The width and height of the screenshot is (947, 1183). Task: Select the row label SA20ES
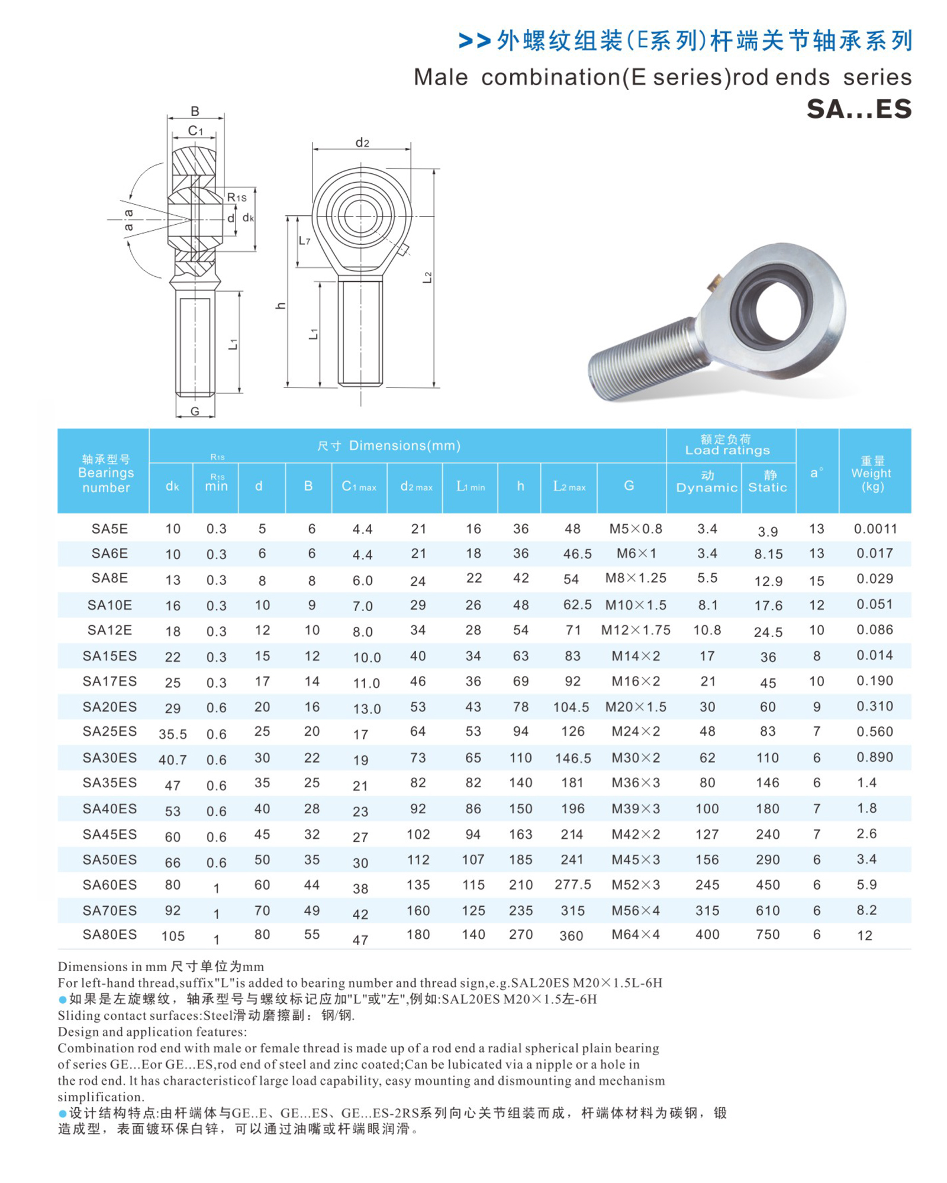[x=109, y=707]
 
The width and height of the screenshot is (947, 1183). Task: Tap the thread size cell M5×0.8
[x=636, y=529]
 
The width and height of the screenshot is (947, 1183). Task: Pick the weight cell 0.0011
[x=875, y=529]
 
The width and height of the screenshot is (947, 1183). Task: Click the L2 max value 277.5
[x=572, y=885]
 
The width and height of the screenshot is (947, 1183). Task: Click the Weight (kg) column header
[x=872, y=473]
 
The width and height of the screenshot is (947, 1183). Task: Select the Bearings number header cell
[x=106, y=473]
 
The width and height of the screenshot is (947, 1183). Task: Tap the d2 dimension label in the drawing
[x=362, y=143]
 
